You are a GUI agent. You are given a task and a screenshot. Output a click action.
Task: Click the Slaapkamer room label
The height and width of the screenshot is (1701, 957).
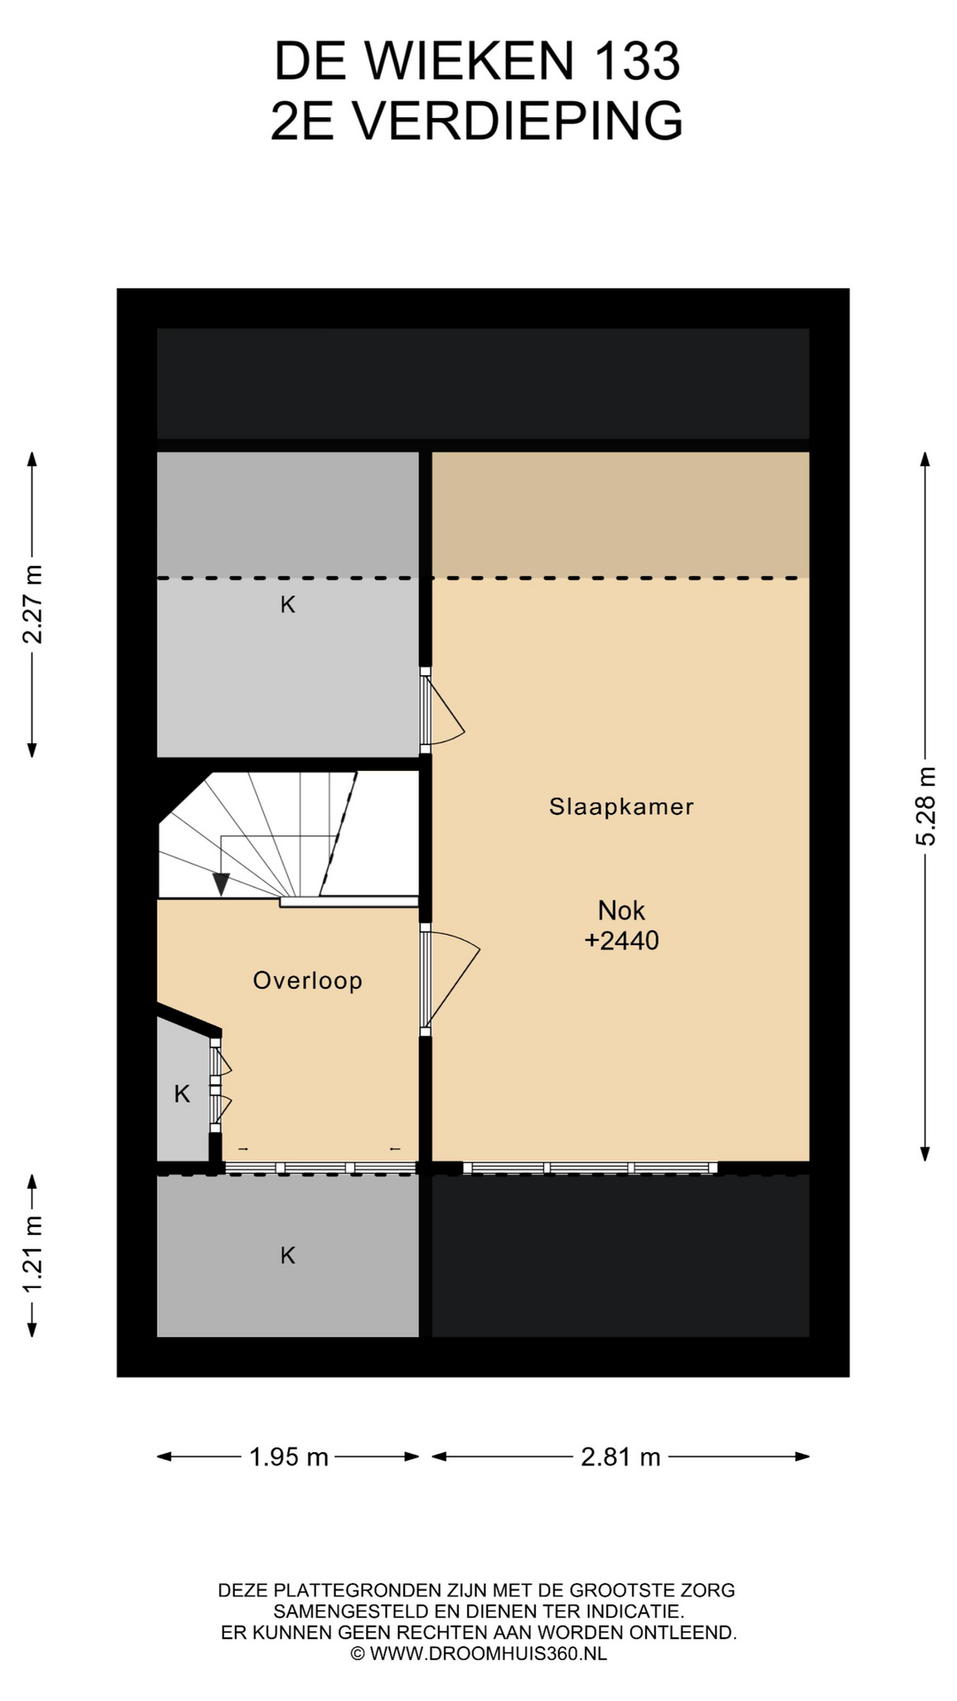621,807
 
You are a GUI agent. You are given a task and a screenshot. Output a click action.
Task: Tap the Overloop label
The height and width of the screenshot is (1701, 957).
307,981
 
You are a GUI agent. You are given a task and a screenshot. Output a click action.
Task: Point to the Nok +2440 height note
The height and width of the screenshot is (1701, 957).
621,925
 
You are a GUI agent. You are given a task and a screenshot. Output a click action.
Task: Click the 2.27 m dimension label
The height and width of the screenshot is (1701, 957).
33,604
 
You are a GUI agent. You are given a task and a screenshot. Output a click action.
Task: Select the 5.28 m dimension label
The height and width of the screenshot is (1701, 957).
926,806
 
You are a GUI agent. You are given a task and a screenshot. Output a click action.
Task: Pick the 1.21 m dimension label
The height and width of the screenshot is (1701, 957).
33,1255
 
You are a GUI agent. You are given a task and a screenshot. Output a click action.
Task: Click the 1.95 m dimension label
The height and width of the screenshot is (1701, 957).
289,1456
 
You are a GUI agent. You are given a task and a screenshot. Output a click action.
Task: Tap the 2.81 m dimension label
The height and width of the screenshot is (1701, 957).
621,1456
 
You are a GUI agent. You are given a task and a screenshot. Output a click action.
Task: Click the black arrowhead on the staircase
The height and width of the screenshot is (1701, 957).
221,883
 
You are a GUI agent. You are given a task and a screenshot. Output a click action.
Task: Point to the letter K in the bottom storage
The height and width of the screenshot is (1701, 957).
288,1255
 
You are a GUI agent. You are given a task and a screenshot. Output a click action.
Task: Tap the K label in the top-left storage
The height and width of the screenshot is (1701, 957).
288,605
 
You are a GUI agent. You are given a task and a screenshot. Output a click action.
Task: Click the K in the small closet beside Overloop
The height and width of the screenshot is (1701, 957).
182,1094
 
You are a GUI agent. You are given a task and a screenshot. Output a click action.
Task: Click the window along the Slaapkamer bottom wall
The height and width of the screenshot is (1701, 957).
590,1168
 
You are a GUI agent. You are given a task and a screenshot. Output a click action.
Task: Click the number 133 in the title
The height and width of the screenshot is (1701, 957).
636,61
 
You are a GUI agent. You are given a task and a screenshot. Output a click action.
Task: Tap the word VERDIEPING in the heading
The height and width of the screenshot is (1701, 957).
518,120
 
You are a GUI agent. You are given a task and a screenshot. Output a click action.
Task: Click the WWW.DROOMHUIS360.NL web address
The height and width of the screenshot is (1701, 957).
488,1653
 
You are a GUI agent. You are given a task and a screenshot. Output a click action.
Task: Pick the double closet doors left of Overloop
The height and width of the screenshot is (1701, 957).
219,1085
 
